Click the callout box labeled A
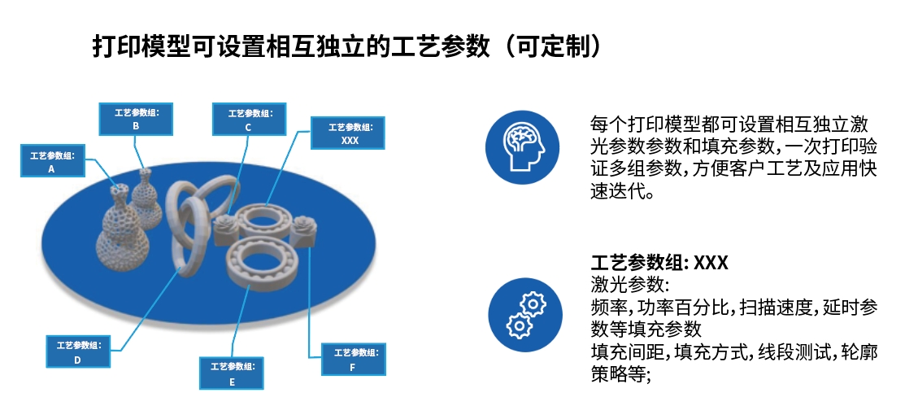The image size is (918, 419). click(52, 160)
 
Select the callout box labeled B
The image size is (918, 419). click(136, 119)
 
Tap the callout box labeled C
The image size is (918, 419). click(250, 119)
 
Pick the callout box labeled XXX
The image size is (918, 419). click(348, 133)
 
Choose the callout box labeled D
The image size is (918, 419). click(78, 351)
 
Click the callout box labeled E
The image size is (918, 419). click(232, 373)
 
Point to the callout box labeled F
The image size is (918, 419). click(354, 360)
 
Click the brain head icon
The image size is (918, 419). click(523, 146)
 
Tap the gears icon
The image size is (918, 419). click(525, 316)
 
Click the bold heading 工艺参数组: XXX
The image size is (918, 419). click(659, 263)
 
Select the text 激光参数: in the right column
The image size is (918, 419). click(629, 285)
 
